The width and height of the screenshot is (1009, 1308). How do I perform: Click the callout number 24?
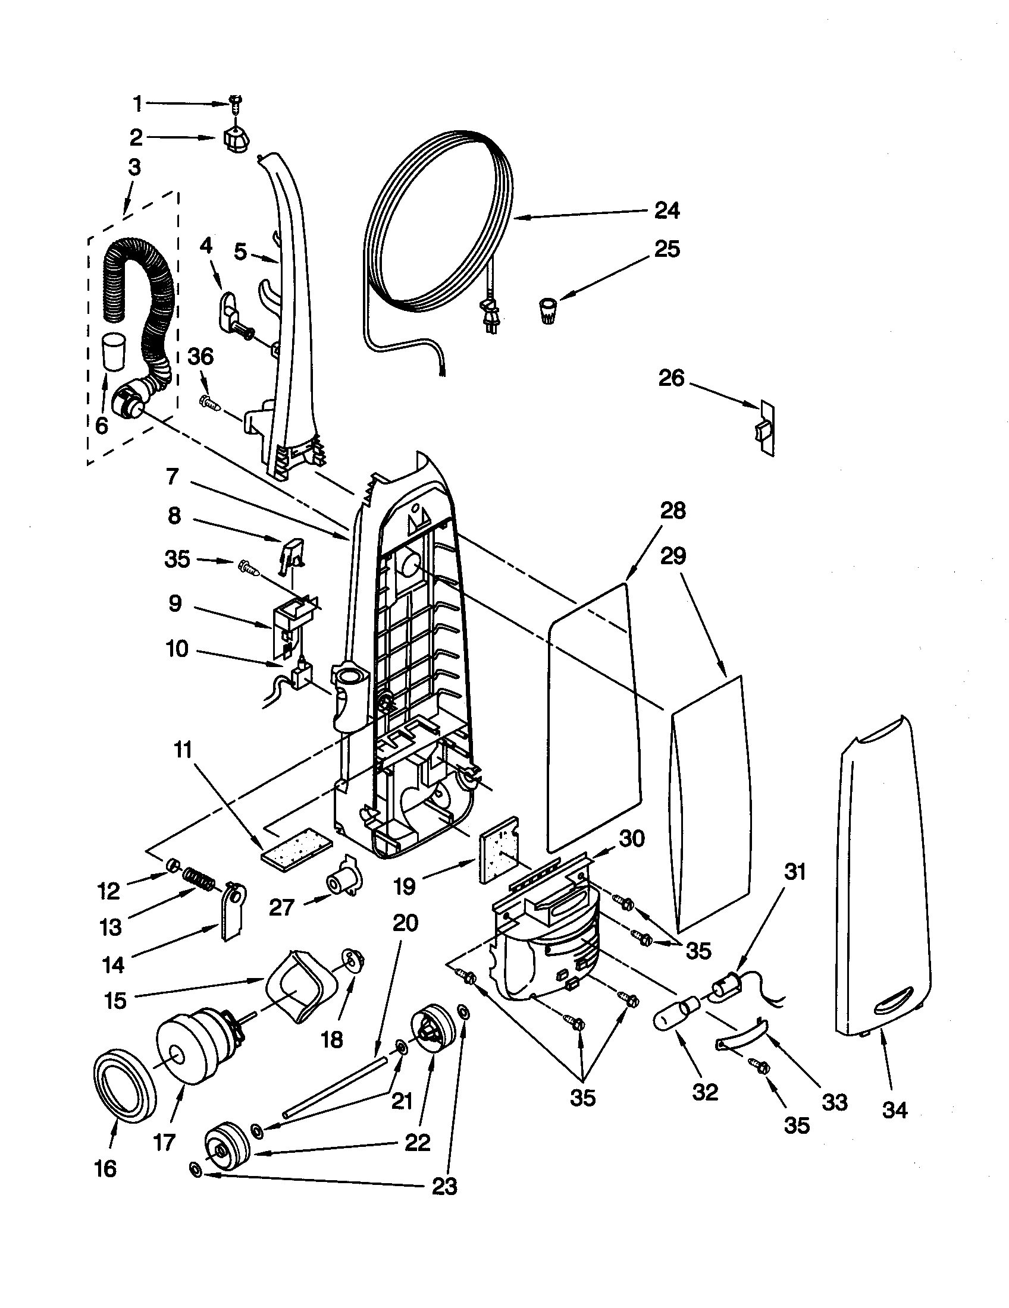tap(667, 210)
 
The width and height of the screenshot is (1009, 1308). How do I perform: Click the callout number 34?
tap(895, 1111)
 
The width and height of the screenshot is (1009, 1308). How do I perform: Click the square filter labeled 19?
tap(499, 850)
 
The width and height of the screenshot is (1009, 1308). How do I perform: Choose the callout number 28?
tap(672, 511)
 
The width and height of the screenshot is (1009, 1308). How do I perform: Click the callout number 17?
tap(164, 1143)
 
